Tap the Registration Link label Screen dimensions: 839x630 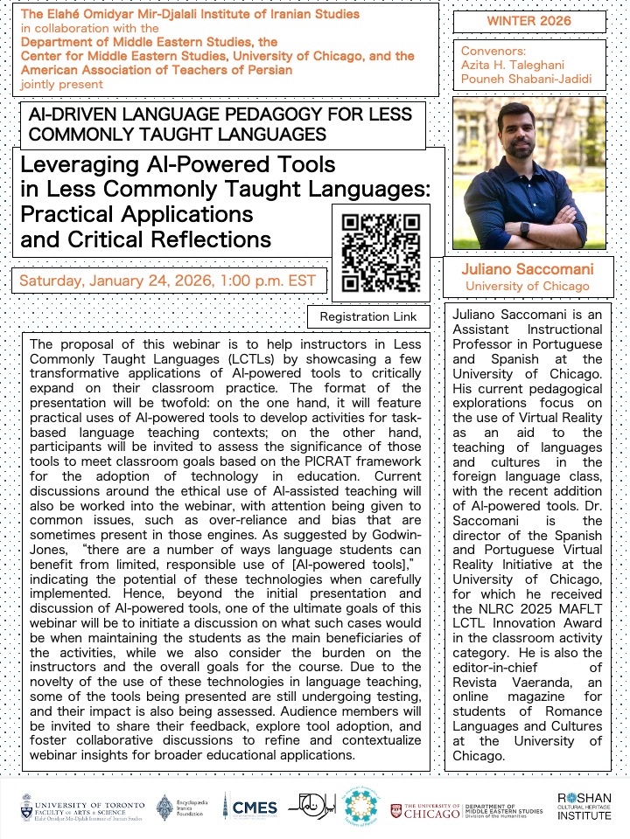[368, 316]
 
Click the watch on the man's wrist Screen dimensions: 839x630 [524, 229]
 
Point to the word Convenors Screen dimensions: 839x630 [493, 51]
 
